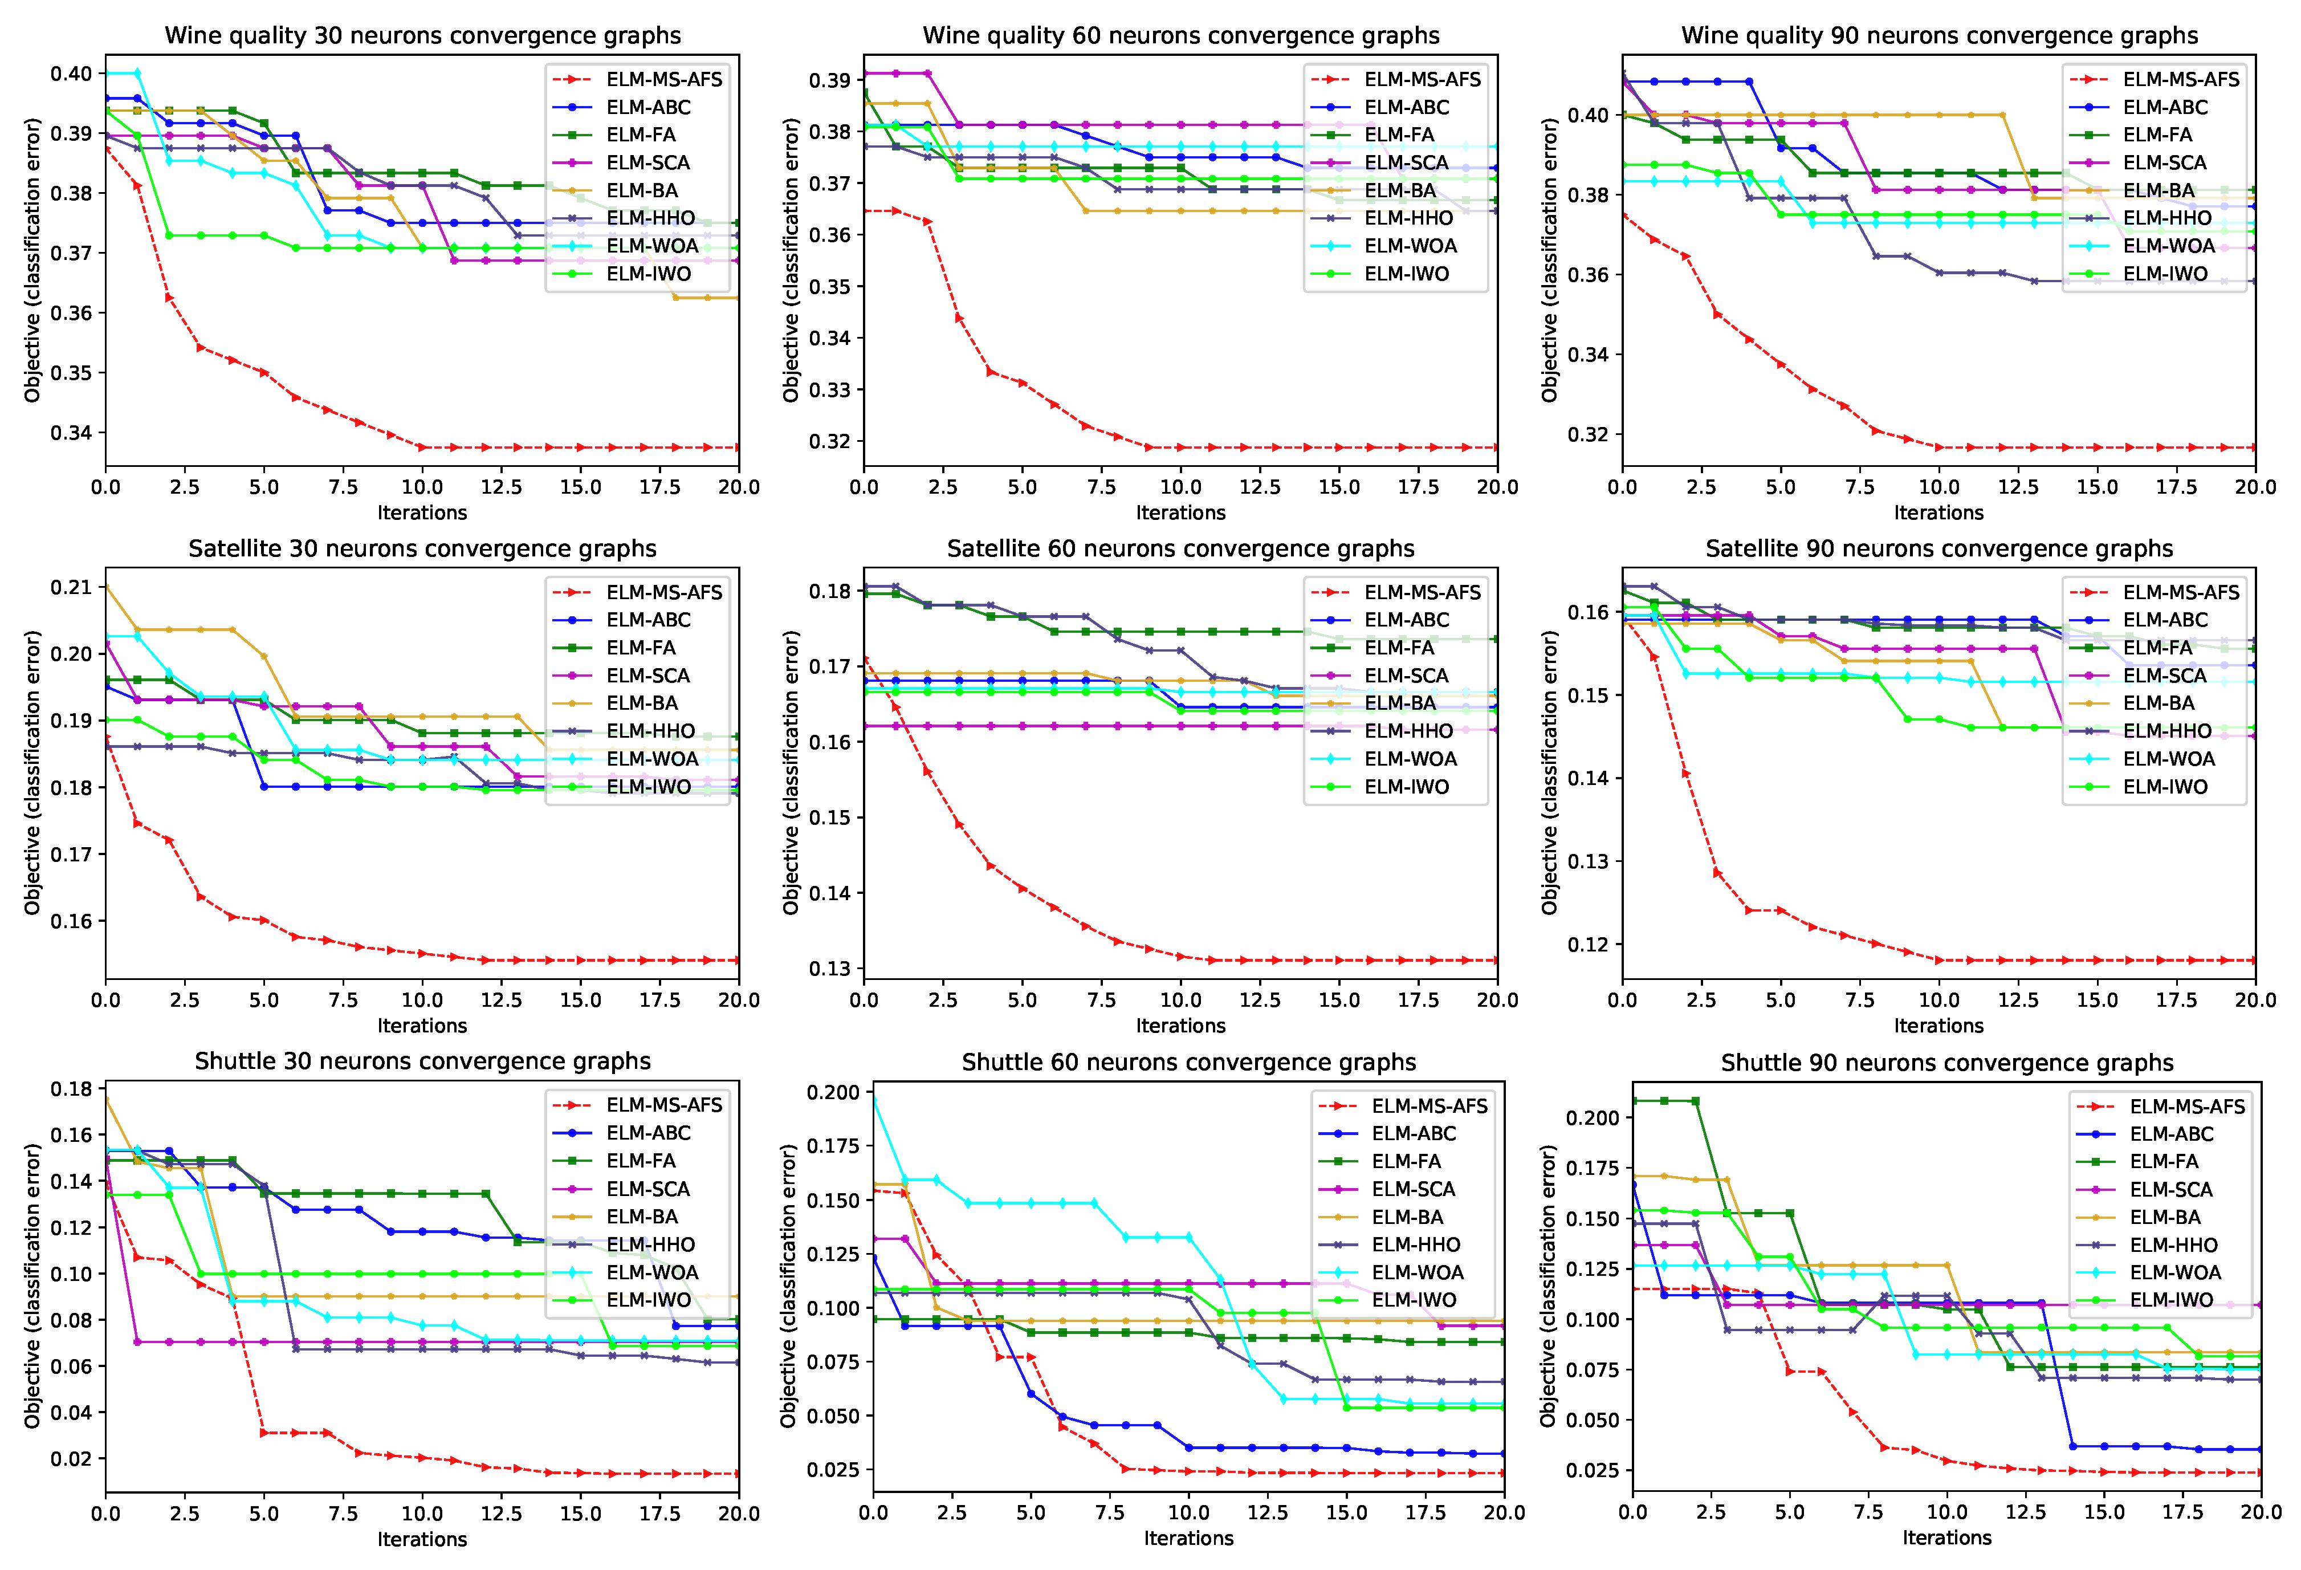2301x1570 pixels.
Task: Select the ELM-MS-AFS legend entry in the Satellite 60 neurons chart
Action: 1422,592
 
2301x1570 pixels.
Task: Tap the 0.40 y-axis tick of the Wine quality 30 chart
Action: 71,74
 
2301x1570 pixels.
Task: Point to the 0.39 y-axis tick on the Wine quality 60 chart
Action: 830,80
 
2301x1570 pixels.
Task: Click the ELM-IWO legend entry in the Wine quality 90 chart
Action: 2164,274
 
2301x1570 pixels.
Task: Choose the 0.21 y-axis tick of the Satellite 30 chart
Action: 71,587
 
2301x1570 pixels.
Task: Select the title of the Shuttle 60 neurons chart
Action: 1188,1062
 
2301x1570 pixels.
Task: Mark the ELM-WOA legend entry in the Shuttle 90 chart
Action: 2175,1272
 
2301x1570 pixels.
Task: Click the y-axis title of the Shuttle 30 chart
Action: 32,1285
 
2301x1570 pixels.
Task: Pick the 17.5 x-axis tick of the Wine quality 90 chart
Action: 2176,486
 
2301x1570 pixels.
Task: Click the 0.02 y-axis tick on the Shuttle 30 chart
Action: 71,1458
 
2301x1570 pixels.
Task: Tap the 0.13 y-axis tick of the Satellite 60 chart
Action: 830,969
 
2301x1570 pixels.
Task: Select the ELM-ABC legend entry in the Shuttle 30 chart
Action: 647,1132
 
